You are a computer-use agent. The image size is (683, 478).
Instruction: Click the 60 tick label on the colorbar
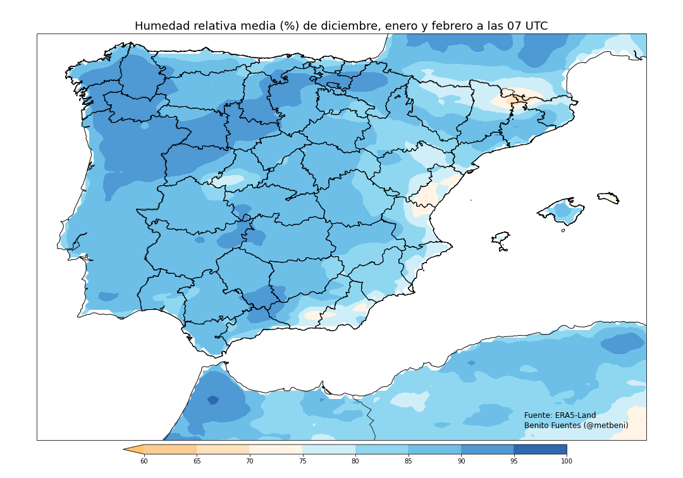click(144, 462)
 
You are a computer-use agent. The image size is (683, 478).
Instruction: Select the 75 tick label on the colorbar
click(302, 462)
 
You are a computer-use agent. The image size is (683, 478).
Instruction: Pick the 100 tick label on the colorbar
click(567, 462)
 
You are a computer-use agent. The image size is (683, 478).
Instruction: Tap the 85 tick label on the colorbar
click(408, 462)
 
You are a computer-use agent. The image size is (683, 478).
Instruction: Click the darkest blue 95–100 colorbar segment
click(540, 450)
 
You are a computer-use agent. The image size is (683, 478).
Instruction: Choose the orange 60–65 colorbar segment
click(170, 450)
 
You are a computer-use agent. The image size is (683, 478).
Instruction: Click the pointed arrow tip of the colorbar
click(125, 450)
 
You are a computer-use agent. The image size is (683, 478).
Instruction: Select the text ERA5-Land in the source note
click(575, 415)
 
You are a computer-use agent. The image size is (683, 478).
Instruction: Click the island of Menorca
click(608, 198)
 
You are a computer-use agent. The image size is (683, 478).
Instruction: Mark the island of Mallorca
click(562, 212)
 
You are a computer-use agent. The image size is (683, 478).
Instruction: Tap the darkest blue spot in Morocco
click(212, 400)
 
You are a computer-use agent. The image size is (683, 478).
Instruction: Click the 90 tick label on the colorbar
click(461, 462)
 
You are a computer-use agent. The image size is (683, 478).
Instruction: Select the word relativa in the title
click(213, 27)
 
